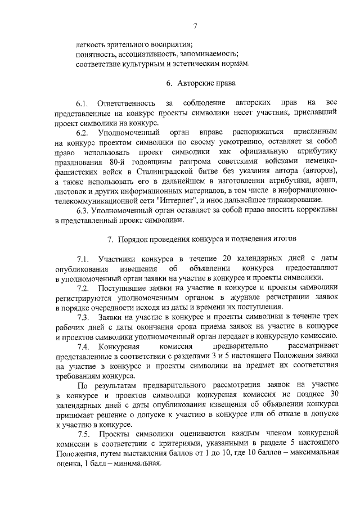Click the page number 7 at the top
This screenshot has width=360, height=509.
195,25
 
